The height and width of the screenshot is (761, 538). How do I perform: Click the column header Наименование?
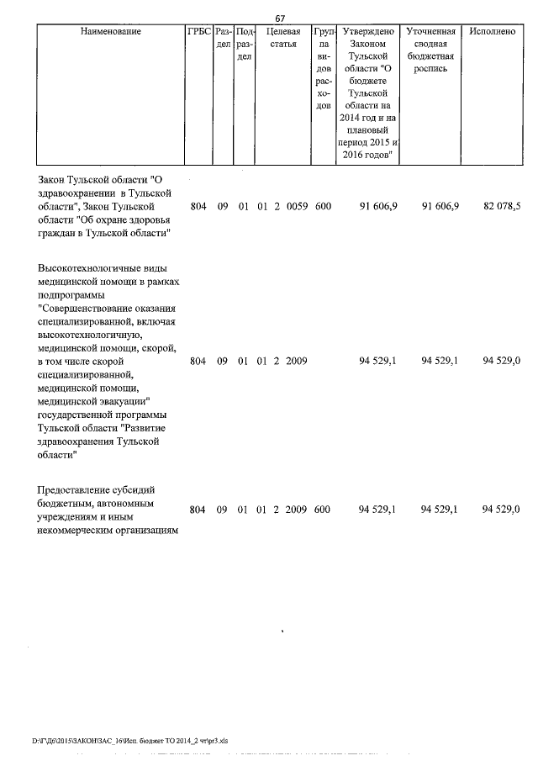[x=111, y=31]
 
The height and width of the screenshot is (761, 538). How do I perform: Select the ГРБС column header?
[x=199, y=31]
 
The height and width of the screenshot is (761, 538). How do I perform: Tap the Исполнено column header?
[x=493, y=31]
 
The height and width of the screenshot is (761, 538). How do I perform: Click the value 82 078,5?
[x=502, y=206]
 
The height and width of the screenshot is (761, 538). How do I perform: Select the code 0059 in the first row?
[x=297, y=206]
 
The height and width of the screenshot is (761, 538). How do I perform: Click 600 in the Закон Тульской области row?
[x=323, y=206]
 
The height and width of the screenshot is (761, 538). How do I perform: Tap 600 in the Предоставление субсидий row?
[x=323, y=510]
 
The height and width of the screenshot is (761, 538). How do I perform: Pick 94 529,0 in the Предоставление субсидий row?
[x=502, y=510]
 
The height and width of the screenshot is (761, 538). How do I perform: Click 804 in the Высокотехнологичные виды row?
[x=198, y=361]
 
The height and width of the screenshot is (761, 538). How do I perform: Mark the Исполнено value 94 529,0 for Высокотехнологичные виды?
[x=502, y=361]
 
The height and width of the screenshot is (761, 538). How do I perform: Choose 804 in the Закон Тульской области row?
[x=198, y=206]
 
